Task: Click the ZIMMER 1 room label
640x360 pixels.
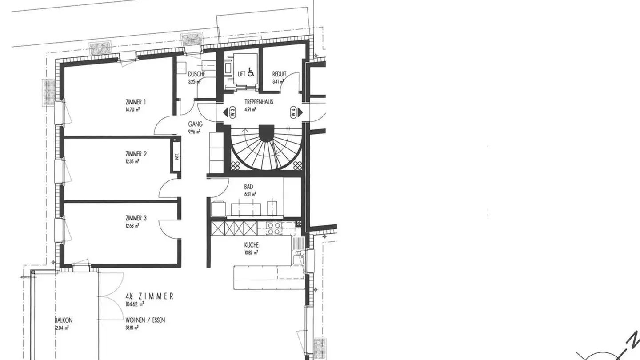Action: coord(136,102)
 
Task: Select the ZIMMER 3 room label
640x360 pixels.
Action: coord(136,218)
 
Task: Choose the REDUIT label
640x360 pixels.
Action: coord(279,74)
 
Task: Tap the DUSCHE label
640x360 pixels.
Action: coord(196,74)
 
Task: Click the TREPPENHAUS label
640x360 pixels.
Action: coord(259,102)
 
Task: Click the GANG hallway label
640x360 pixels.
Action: coord(195,124)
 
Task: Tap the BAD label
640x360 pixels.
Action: coord(248,187)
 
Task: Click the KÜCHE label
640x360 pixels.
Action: coord(251,245)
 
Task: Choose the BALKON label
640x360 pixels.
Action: coord(64,320)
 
